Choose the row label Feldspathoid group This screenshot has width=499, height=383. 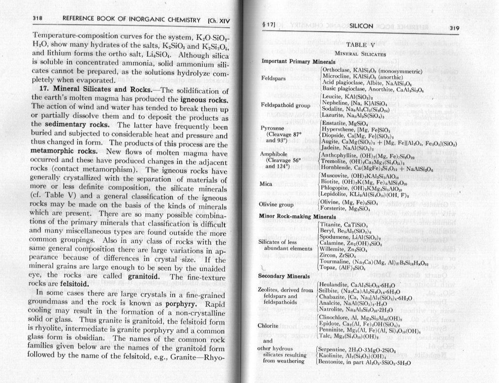click(x=284, y=105)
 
